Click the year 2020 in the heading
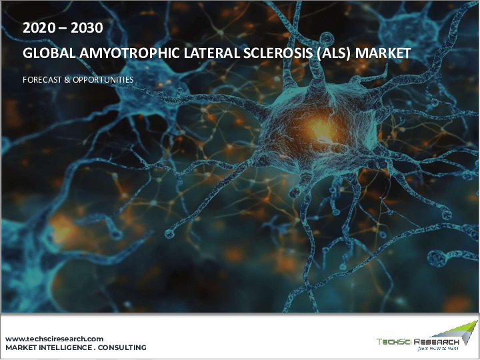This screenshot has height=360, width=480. click(39, 28)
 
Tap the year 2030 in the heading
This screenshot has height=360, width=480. click(87, 28)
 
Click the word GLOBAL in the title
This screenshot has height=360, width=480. click(49, 53)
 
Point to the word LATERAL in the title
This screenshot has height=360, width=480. click(211, 53)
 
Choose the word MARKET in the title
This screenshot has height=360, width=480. click(383, 53)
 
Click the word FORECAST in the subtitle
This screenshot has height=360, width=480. click(42, 80)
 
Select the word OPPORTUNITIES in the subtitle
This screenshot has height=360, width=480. click(103, 80)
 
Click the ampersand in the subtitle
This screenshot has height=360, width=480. click(67, 80)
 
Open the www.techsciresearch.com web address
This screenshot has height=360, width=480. click(54, 339)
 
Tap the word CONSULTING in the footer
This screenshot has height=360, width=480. click(122, 348)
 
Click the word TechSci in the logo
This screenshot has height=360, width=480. click(394, 341)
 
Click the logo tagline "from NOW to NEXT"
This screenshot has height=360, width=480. click(438, 349)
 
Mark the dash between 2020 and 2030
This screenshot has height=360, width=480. click(63, 29)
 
